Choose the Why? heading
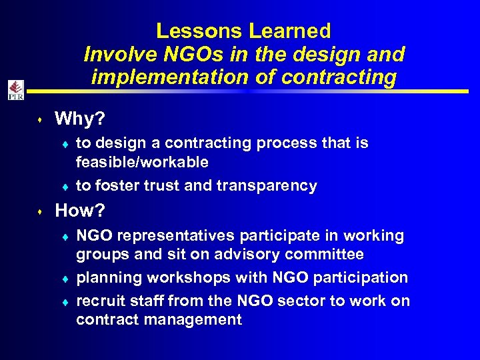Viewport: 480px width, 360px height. click(x=79, y=119)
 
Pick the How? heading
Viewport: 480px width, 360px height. click(x=80, y=211)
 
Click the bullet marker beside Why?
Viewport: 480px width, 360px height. click(x=39, y=120)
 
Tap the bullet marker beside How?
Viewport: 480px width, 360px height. click(x=39, y=213)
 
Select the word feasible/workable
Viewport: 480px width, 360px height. click(x=142, y=162)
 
